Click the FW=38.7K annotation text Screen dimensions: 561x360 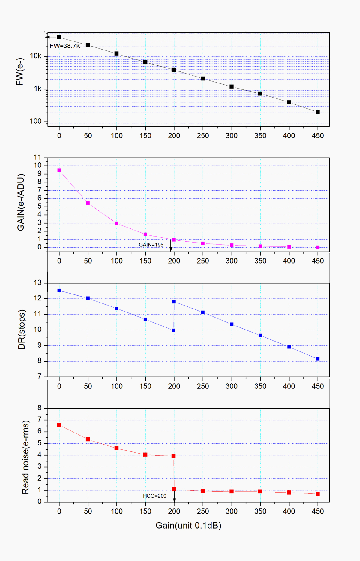[65, 46]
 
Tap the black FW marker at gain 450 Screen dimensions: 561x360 [318, 112]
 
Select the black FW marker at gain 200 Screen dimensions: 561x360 [174, 70]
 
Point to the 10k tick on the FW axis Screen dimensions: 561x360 [36, 56]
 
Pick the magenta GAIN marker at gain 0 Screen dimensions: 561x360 [59, 170]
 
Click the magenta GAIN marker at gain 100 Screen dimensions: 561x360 [117, 223]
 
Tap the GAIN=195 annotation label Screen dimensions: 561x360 [151, 245]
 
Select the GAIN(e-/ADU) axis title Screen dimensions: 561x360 [20, 203]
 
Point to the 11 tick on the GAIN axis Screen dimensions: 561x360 [38, 157]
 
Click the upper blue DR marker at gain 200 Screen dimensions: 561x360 [174, 302]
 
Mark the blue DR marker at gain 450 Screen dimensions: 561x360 [318, 359]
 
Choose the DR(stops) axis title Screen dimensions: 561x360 [22, 330]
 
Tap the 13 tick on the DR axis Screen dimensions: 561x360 [38, 283]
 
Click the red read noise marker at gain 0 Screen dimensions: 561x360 [59, 425]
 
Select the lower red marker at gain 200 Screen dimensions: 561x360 [174, 489]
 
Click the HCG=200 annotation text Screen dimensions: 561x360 [154, 496]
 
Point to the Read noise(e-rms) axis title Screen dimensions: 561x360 [25, 457]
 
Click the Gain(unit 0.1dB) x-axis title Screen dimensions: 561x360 [188, 526]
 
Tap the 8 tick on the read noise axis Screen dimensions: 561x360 [40, 408]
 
